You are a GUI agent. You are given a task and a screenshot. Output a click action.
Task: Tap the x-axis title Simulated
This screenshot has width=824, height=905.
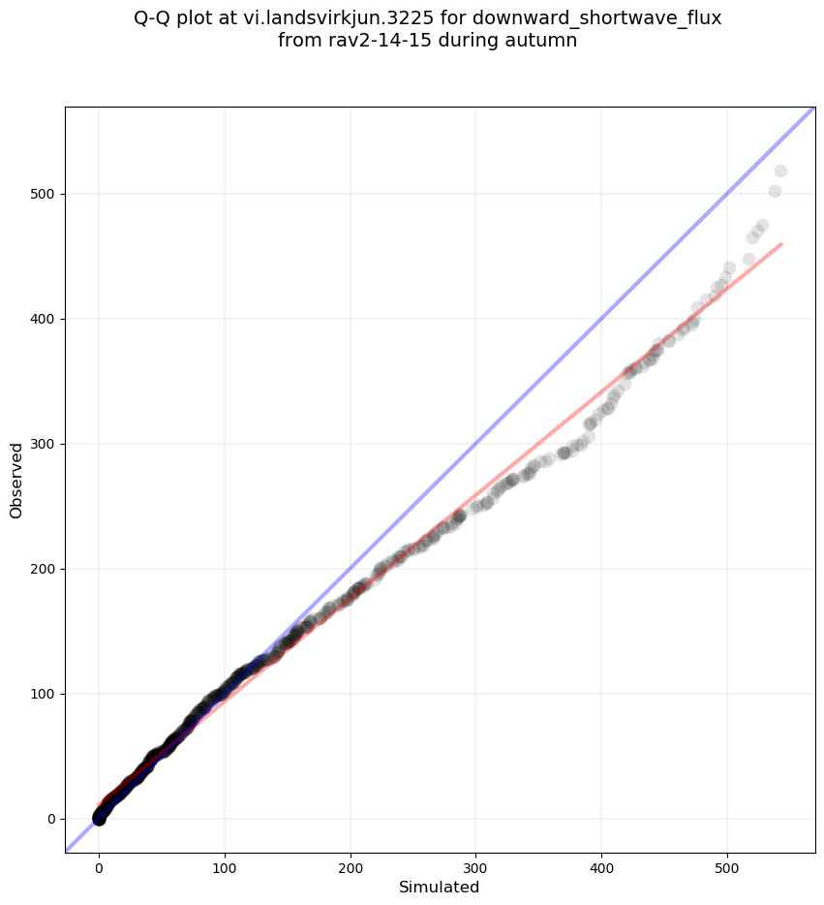(440, 887)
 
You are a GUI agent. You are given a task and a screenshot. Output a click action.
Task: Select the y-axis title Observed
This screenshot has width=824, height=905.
(16, 481)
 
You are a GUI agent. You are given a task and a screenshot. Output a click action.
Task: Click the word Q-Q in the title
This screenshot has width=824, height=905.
(154, 18)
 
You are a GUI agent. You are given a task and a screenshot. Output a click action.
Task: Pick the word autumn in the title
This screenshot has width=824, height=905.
(543, 41)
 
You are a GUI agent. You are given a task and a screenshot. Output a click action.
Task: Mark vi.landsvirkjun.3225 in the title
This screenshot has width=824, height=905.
(363, 18)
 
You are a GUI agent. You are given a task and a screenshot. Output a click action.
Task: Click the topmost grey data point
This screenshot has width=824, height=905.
(780, 172)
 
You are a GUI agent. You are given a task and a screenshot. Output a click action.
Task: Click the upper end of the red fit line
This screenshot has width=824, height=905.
(780, 244)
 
